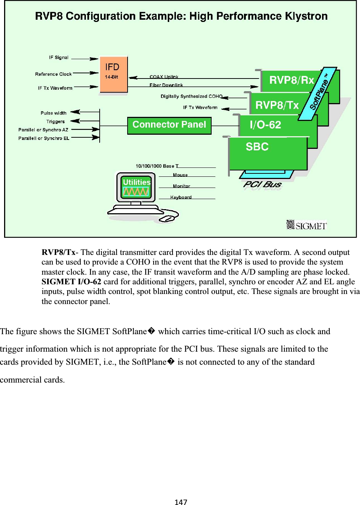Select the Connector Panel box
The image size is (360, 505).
[x=169, y=125]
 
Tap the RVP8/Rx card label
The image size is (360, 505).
[x=291, y=80]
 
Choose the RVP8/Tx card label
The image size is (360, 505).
[x=277, y=105]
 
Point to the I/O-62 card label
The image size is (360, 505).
[x=265, y=125]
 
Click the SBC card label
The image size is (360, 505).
[x=257, y=147]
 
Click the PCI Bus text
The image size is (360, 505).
[x=262, y=184]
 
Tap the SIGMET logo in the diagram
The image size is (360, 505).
[x=306, y=225]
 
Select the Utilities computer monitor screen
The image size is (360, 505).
[x=136, y=187]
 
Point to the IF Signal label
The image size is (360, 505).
[x=59, y=58]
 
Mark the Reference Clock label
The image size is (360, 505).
[x=53, y=74]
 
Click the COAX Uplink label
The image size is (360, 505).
[x=164, y=77]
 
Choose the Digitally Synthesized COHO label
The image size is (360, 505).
[x=191, y=96]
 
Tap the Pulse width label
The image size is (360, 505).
[x=54, y=113]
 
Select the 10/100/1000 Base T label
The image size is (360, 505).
[x=157, y=166]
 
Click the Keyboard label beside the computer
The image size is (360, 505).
[x=181, y=197]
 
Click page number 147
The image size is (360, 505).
[x=181, y=502]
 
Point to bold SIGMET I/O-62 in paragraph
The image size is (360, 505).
[x=71, y=282]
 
